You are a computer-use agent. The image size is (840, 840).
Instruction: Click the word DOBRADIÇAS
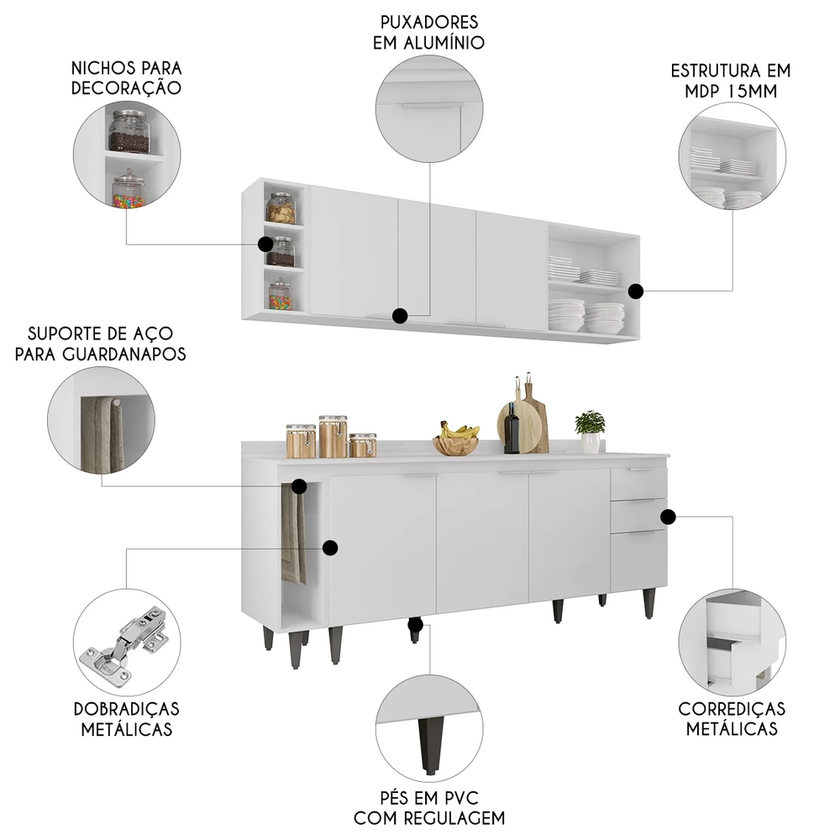click(127, 710)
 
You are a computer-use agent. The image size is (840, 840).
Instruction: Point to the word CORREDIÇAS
click(732, 710)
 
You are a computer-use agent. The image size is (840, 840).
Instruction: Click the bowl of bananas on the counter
click(456, 440)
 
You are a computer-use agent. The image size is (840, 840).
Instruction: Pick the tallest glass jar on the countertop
click(333, 436)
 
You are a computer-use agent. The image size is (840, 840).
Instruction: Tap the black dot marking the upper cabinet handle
click(401, 316)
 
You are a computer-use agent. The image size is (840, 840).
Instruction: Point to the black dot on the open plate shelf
click(636, 291)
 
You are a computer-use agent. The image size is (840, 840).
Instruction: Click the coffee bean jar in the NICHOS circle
click(129, 134)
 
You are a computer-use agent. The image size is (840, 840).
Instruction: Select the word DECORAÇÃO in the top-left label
click(127, 88)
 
